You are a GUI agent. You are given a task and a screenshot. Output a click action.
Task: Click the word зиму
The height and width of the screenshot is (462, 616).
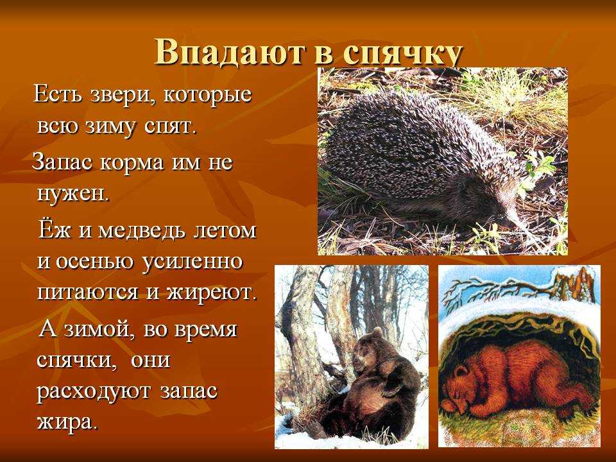(x=110, y=127)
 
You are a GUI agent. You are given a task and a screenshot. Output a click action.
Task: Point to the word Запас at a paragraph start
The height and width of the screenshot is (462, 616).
(x=62, y=162)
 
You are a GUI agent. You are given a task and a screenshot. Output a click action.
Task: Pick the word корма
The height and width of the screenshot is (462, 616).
(x=132, y=162)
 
